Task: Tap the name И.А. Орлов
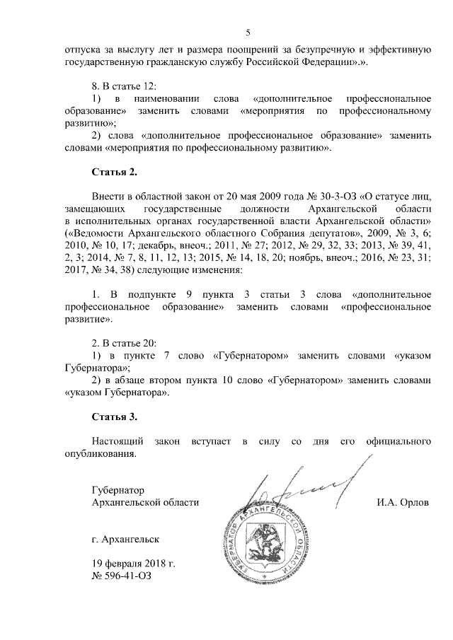[x=403, y=502]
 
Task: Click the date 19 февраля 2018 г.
[x=132, y=563]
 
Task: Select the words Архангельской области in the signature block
[x=145, y=502]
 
